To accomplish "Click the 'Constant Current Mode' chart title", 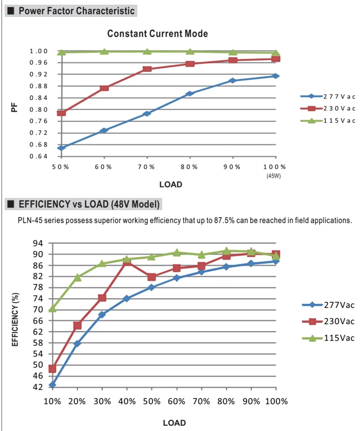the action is [x=158, y=33].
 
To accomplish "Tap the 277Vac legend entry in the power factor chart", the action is [x=328, y=96].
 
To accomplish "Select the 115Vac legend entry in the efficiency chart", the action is [x=328, y=338].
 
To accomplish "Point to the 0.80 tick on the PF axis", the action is [x=39, y=110].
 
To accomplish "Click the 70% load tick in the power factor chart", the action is [x=146, y=167].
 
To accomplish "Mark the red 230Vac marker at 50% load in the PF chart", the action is [x=61, y=113].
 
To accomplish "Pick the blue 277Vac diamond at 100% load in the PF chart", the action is [x=276, y=76].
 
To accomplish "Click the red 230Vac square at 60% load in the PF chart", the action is [x=104, y=88].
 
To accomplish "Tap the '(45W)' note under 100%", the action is [x=273, y=176].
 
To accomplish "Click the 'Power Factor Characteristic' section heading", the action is [x=77, y=11].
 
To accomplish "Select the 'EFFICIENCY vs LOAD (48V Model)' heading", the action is [x=89, y=204].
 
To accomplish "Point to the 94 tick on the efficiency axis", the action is [x=38, y=243].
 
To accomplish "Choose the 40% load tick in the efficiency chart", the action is [x=127, y=401].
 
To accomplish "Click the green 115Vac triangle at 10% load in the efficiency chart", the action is [x=52, y=309].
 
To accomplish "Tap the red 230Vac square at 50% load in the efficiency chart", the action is [x=152, y=277].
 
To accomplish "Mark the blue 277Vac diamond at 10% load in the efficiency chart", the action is [x=52, y=385].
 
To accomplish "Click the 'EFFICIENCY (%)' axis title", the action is [x=15, y=319].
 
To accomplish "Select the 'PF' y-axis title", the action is [x=14, y=107].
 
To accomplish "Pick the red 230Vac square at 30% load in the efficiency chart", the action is [x=102, y=298].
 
